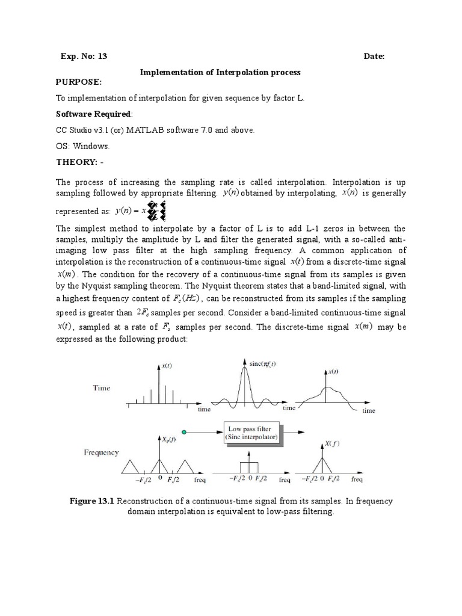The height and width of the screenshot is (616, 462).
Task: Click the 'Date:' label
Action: [x=374, y=57]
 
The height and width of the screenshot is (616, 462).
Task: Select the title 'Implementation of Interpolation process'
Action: [x=220, y=72]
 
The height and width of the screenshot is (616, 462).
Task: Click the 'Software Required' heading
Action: [x=93, y=114]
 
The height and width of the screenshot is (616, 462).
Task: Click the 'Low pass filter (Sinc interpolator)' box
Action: [x=252, y=434]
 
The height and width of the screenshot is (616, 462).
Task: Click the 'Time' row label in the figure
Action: [x=101, y=388]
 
